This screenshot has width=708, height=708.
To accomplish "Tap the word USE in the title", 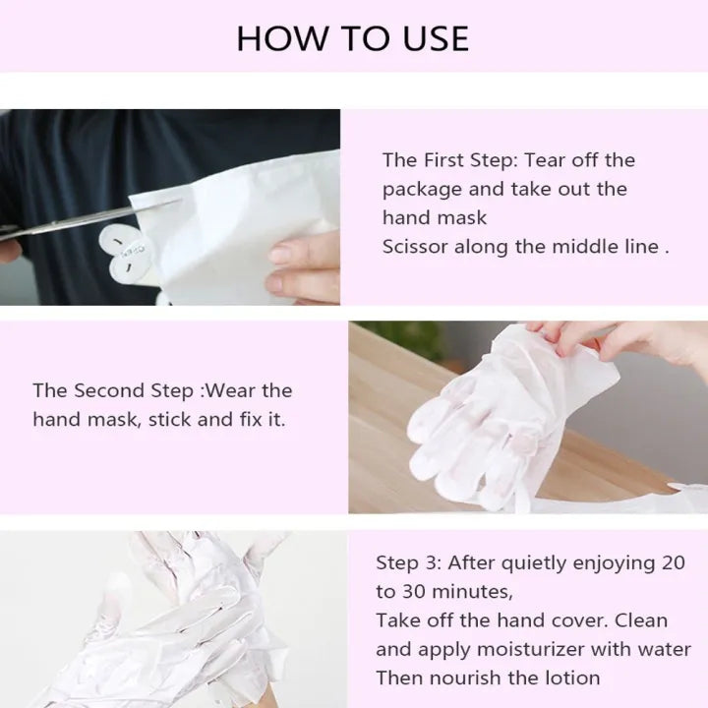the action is [436, 38].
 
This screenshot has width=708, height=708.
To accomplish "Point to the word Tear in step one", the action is [544, 160].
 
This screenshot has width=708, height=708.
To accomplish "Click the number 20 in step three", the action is [674, 562].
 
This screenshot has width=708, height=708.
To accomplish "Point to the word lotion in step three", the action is [573, 678].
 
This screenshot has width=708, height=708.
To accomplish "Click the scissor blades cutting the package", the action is [90, 219].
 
